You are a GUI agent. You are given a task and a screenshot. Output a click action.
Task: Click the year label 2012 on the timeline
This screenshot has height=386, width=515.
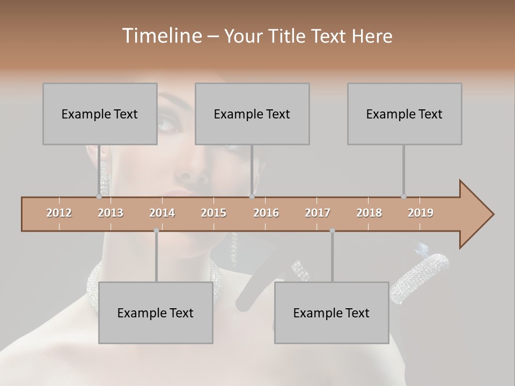[x=59, y=213]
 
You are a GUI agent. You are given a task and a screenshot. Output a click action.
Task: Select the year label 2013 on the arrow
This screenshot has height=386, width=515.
[x=111, y=213]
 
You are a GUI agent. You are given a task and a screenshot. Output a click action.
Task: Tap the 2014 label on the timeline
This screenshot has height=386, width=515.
[x=162, y=213]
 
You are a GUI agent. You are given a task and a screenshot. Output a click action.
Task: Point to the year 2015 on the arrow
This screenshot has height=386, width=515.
[x=214, y=213]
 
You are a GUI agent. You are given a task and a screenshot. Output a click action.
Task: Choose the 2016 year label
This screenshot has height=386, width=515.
[x=266, y=213]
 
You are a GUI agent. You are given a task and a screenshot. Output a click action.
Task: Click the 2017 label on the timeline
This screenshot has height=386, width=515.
[x=318, y=213]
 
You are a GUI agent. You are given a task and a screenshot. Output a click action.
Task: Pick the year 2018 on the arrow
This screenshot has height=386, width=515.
[x=369, y=213]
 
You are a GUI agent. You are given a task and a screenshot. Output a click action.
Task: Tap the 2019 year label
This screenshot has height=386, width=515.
[x=421, y=213]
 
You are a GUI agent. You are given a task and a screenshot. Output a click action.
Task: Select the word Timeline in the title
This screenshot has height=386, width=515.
[x=160, y=36]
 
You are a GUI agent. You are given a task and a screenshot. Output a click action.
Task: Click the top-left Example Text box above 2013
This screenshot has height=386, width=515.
[x=100, y=114]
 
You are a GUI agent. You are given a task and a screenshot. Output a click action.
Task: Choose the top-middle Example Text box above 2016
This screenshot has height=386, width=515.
[x=252, y=114]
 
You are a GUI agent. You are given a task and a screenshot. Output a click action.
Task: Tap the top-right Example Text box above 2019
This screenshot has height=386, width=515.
[x=404, y=114]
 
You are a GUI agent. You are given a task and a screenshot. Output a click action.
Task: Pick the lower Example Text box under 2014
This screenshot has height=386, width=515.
[x=156, y=313]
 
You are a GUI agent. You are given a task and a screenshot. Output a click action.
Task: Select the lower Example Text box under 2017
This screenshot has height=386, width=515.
[x=332, y=313]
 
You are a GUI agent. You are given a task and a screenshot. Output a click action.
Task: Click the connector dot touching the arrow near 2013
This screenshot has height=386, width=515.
[x=99, y=197]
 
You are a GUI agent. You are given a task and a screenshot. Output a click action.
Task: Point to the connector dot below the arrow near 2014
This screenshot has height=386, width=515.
[x=156, y=231]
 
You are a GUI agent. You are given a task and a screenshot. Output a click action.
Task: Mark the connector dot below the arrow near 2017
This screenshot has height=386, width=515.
[x=332, y=231]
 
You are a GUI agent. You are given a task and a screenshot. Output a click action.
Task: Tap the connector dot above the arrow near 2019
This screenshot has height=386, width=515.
[x=404, y=197]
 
